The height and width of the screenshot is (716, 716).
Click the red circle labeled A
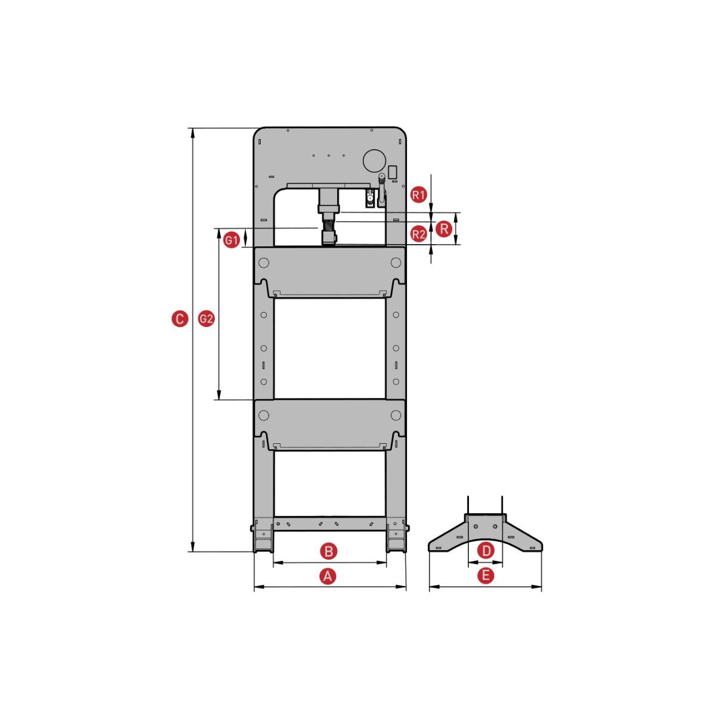[x=328, y=576]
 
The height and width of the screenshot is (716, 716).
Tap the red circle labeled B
[x=329, y=551]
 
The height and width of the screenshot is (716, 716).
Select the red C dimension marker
[x=180, y=319]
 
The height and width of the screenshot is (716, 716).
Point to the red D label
[x=486, y=551]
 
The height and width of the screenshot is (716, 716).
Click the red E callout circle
[x=486, y=576]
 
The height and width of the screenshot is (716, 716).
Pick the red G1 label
[x=232, y=240]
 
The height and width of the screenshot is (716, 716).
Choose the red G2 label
[x=206, y=319]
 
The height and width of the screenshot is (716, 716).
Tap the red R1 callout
[x=419, y=195]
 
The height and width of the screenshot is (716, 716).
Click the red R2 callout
[x=419, y=234]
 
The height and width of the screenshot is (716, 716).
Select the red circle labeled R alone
[x=444, y=229]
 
